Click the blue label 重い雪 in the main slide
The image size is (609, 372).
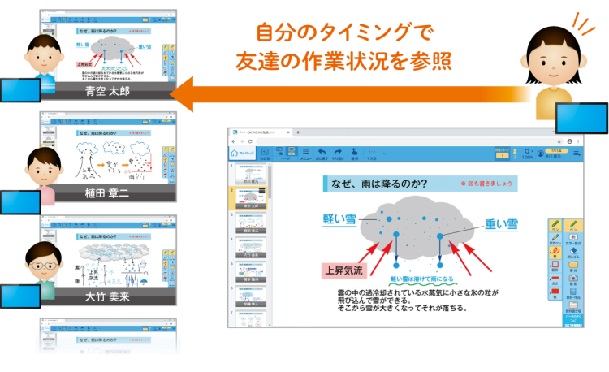501,225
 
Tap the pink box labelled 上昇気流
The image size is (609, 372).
345,270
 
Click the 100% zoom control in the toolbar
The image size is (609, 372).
529,153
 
